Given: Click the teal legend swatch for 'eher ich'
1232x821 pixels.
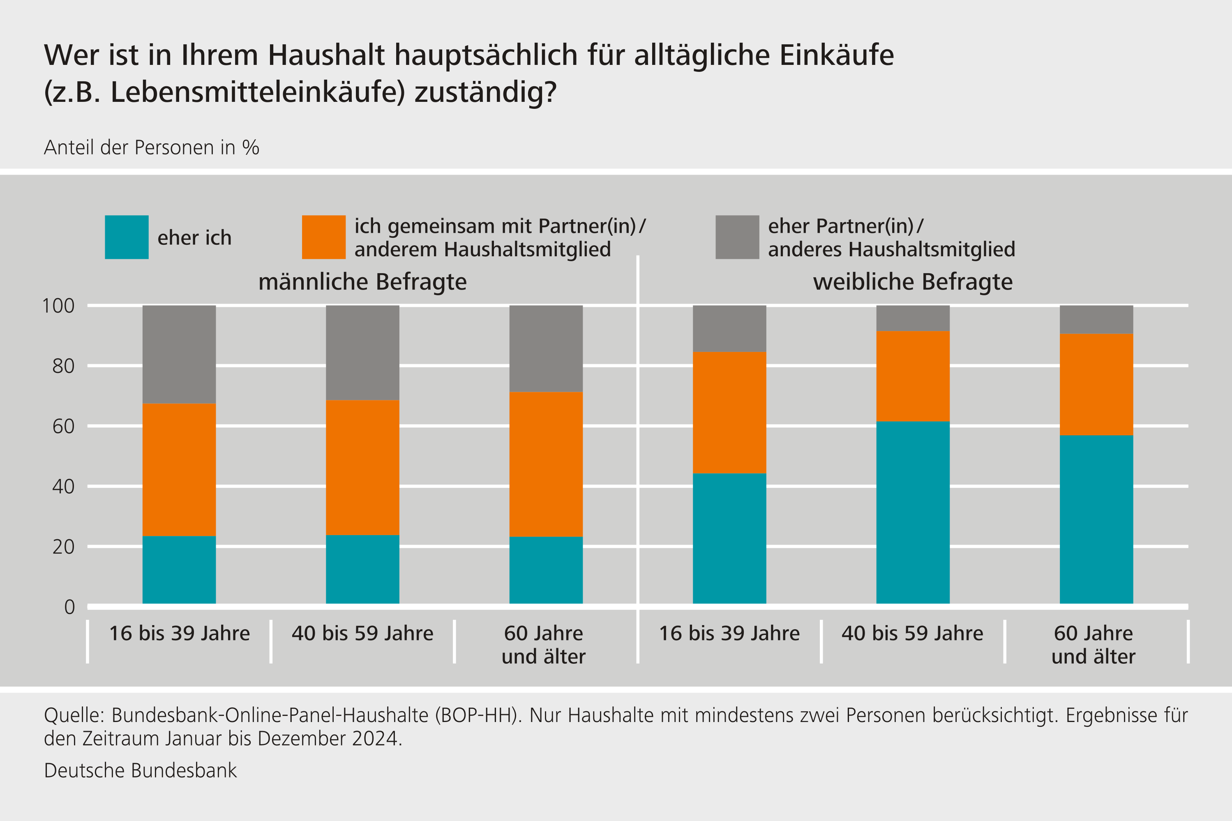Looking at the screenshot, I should pyautogui.click(x=126, y=237).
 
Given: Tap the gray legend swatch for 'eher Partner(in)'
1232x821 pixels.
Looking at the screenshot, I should pyautogui.click(x=737, y=237).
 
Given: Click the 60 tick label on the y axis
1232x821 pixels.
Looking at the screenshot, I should pyautogui.click(x=63, y=427).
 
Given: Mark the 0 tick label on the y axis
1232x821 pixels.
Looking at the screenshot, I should pyautogui.click(x=69, y=607).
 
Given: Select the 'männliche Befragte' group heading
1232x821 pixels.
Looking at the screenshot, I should pyautogui.click(x=362, y=282).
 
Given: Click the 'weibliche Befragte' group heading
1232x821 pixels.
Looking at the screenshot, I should pyautogui.click(x=912, y=282).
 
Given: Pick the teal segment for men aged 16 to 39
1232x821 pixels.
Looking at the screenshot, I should pyautogui.click(x=179, y=570).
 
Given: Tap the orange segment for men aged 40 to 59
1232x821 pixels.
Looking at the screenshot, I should pyautogui.click(x=362, y=467).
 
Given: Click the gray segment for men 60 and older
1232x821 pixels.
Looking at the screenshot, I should pyautogui.click(x=546, y=349).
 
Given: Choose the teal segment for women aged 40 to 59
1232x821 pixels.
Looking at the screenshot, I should pyautogui.click(x=912, y=512).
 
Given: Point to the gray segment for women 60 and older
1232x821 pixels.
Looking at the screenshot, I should pyautogui.click(x=1096, y=320).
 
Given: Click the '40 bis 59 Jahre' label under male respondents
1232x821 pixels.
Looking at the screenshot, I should pyautogui.click(x=362, y=634).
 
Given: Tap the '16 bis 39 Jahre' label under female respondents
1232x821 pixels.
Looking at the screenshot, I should pyautogui.click(x=729, y=634).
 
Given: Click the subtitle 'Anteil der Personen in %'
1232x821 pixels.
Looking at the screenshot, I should pyautogui.click(x=151, y=148).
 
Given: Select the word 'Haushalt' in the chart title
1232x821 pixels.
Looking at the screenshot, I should pyautogui.click(x=326, y=55).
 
